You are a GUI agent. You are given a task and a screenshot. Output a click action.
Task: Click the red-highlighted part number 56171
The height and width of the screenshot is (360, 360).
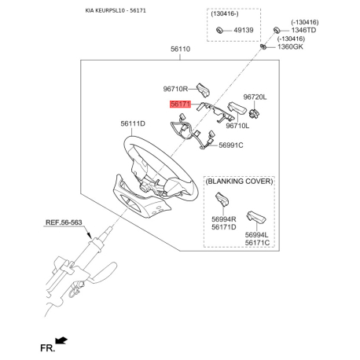181,104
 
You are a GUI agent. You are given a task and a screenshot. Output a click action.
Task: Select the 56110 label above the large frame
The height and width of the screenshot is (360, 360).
180,49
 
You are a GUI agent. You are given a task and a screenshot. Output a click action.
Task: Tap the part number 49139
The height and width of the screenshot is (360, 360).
244,30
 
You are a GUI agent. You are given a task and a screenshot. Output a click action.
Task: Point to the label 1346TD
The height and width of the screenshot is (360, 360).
303,30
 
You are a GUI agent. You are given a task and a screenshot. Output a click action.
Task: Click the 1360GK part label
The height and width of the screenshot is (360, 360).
290,47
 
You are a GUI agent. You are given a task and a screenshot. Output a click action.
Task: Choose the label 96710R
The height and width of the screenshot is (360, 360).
175,89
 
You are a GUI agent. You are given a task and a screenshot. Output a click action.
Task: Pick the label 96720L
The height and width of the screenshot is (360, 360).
255,97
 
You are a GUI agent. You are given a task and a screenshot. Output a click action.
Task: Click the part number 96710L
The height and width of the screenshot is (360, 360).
237,126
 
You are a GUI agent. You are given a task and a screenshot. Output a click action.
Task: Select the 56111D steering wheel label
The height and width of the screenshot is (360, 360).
133,123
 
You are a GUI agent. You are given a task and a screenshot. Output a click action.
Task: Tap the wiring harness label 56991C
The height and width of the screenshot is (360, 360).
231,145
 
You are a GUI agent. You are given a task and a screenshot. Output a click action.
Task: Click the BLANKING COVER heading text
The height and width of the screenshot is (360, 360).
239,182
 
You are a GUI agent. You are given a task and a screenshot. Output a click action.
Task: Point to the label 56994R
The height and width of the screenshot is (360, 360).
224,219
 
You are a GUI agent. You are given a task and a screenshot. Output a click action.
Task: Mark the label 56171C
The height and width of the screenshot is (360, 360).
257,243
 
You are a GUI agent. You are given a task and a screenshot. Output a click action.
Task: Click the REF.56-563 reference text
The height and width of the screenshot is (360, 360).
64,222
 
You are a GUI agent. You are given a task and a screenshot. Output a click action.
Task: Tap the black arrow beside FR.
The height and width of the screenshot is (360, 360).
61,340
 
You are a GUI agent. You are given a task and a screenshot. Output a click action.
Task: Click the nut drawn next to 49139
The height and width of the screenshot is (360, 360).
219,30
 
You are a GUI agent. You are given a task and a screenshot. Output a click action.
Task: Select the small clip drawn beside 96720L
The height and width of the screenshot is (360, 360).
254,113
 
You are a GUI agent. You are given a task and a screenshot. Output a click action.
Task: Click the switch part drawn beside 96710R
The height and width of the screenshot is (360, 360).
204,90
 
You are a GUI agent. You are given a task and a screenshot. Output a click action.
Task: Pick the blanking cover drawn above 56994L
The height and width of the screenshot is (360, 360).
256,217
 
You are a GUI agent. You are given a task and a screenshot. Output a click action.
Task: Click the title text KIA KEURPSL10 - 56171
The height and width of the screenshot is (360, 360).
116,11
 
